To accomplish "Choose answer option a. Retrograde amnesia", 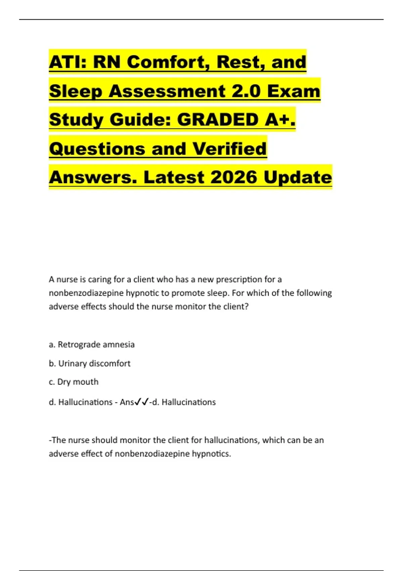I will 92,345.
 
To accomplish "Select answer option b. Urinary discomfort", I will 90,363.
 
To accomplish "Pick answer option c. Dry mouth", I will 74,382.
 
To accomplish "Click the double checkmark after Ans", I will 141,402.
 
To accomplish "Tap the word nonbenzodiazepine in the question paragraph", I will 86,293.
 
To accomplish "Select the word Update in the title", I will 298,177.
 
